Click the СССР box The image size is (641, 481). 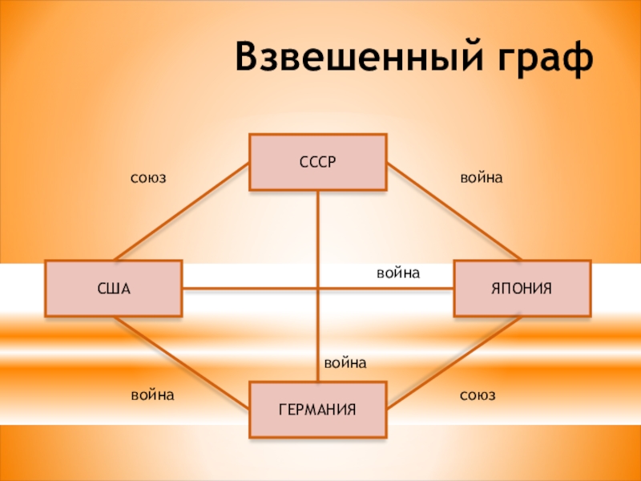click(317, 162)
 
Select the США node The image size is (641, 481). click(113, 288)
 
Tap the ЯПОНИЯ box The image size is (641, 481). click(522, 288)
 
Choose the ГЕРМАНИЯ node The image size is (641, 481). click(317, 410)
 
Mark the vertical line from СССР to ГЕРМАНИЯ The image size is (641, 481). click(318, 240)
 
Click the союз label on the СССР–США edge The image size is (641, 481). click(148, 177)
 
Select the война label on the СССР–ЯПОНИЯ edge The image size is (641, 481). click(481, 177)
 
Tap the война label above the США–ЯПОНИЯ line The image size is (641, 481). click(398, 273)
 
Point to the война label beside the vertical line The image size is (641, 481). click(345, 363)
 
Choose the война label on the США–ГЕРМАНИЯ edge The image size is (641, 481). click(152, 395)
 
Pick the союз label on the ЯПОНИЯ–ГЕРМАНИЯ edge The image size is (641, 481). click(478, 395)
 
